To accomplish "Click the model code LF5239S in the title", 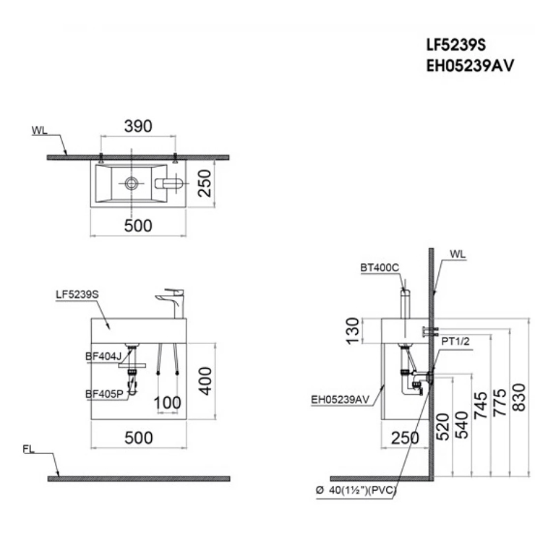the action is tap(456, 45).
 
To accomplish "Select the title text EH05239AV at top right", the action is tap(470, 66).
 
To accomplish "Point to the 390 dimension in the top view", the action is tap(138, 127).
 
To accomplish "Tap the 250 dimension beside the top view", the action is tap(205, 183).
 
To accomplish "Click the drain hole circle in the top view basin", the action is tap(132, 183).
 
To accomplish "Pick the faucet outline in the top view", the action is tap(169, 183).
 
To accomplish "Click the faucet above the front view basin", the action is tap(171, 303).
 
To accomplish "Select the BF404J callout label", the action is tap(103, 356).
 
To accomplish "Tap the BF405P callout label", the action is tap(104, 394).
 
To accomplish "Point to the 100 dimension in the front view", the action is tap(167, 403).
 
